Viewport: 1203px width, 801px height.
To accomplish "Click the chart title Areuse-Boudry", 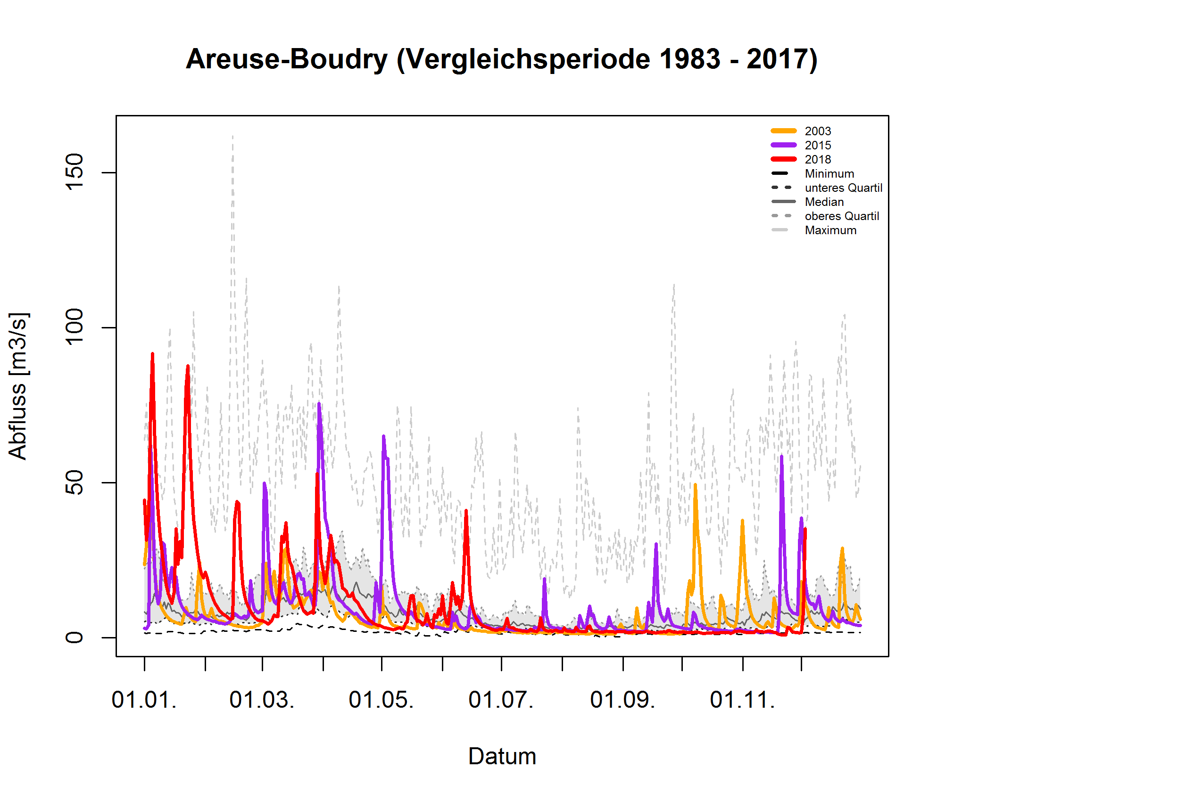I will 501,59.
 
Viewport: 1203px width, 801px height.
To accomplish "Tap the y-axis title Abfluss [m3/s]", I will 18,386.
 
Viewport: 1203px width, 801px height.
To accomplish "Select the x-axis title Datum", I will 502,756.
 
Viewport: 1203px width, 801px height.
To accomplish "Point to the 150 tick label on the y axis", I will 75,172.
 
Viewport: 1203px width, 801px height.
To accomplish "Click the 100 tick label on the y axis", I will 75,327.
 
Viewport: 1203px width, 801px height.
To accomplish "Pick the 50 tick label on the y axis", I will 75,482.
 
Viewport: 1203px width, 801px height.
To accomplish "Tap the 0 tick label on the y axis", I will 75,637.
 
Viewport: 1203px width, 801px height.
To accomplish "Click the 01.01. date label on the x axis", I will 144,700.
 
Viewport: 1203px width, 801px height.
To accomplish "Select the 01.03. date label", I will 262,700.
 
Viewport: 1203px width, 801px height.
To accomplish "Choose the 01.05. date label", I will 381,700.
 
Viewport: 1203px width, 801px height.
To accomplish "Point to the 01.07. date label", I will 500,700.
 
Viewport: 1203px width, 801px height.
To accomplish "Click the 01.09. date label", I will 622,700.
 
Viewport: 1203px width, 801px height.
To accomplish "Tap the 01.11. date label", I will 742,700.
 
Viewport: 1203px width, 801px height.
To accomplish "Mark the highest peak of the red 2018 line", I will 152,353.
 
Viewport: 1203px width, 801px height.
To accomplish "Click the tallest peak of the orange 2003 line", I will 695,484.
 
